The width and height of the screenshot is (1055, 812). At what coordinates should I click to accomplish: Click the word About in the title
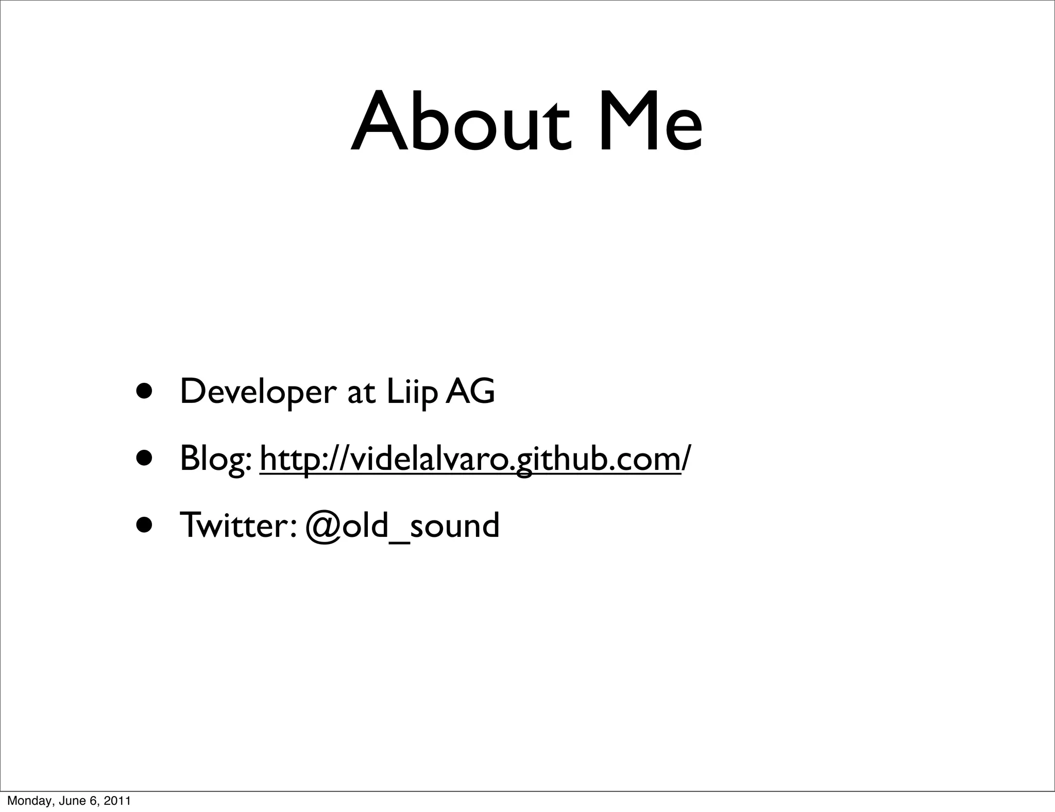point(460,123)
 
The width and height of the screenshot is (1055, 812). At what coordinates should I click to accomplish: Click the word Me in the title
point(650,123)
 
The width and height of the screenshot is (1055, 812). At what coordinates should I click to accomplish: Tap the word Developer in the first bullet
point(258,393)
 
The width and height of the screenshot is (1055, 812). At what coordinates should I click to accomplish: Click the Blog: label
point(216,459)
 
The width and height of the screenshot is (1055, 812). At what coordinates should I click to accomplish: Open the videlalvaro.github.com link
point(470,459)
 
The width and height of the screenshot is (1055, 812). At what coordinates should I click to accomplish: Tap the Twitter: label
point(237,526)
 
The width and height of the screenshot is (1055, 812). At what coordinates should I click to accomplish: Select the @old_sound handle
point(402,526)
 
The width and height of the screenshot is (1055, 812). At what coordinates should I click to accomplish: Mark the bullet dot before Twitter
point(144,525)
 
